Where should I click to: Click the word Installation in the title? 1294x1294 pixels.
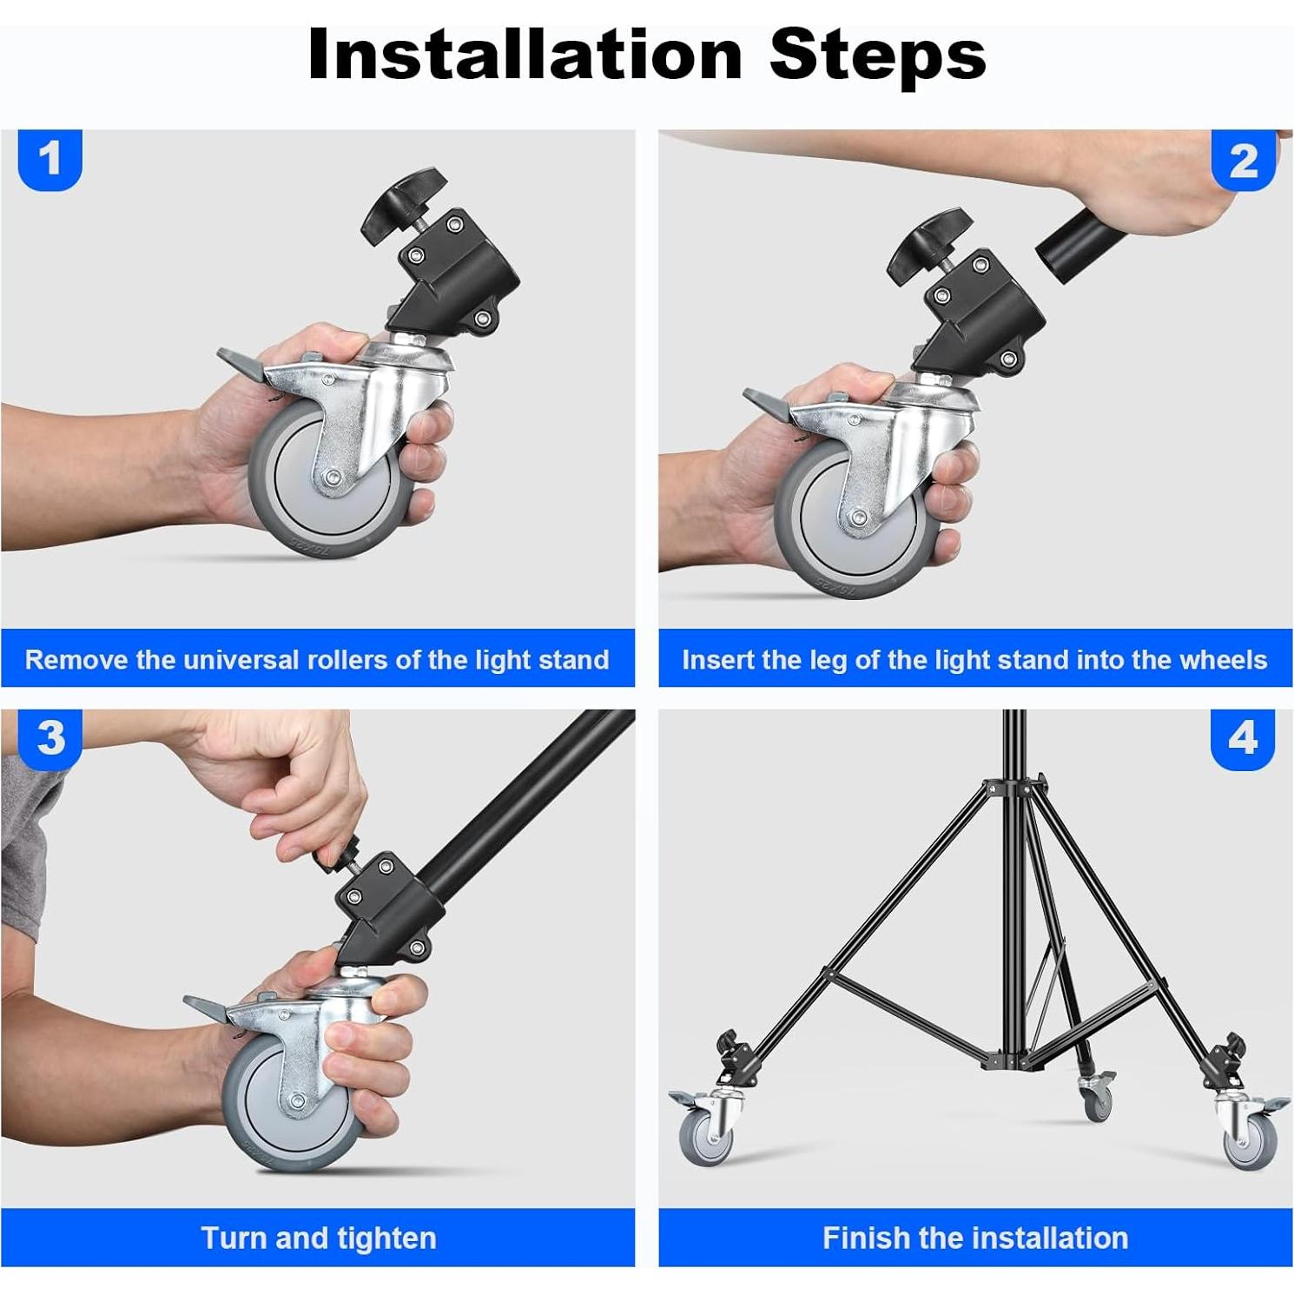(x=525, y=54)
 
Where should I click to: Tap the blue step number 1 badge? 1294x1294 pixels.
(x=50, y=160)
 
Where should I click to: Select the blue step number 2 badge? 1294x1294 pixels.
(x=1244, y=160)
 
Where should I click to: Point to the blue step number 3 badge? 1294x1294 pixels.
(x=50, y=739)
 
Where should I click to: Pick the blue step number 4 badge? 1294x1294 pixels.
(x=1243, y=739)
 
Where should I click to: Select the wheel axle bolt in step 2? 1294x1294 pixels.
(x=858, y=518)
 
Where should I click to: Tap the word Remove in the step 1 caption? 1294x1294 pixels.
(x=76, y=660)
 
